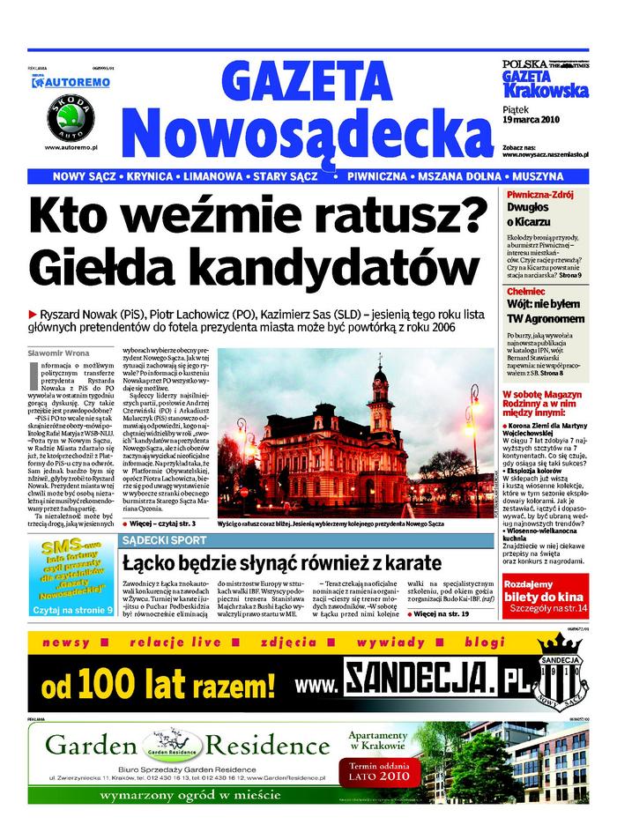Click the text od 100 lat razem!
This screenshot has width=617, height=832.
tap(146, 684)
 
